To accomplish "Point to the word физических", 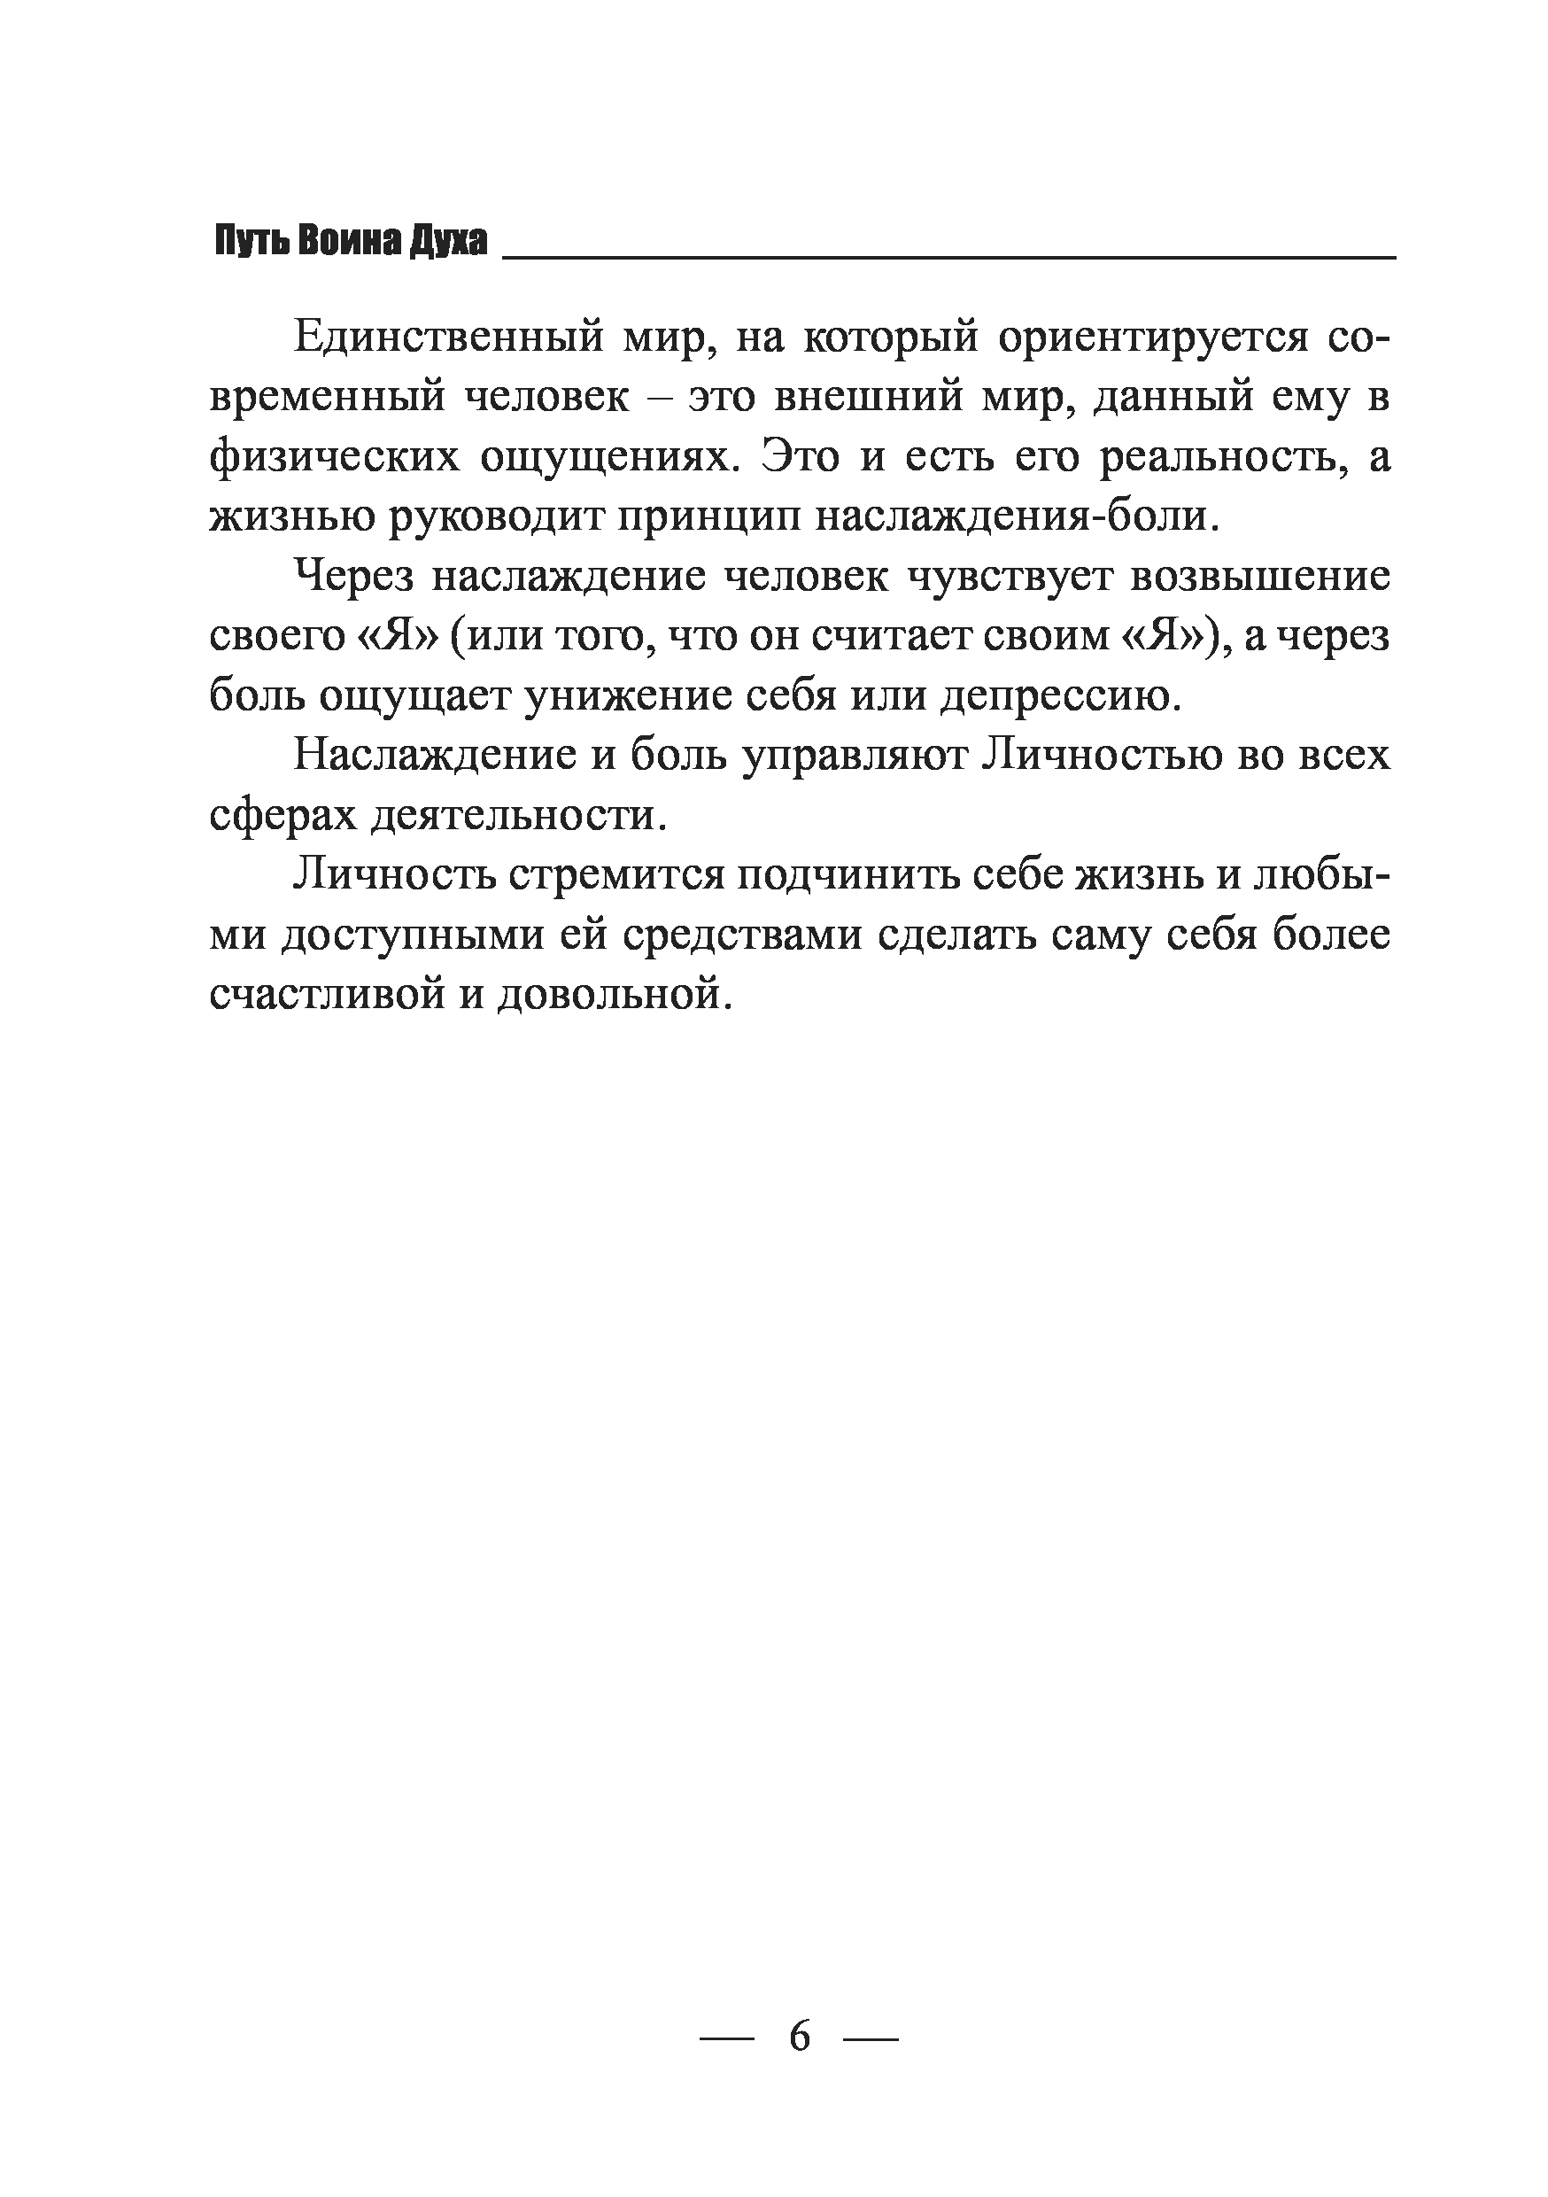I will (331, 457).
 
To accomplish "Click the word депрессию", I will (1061, 696).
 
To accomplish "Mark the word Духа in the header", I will (448, 242).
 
